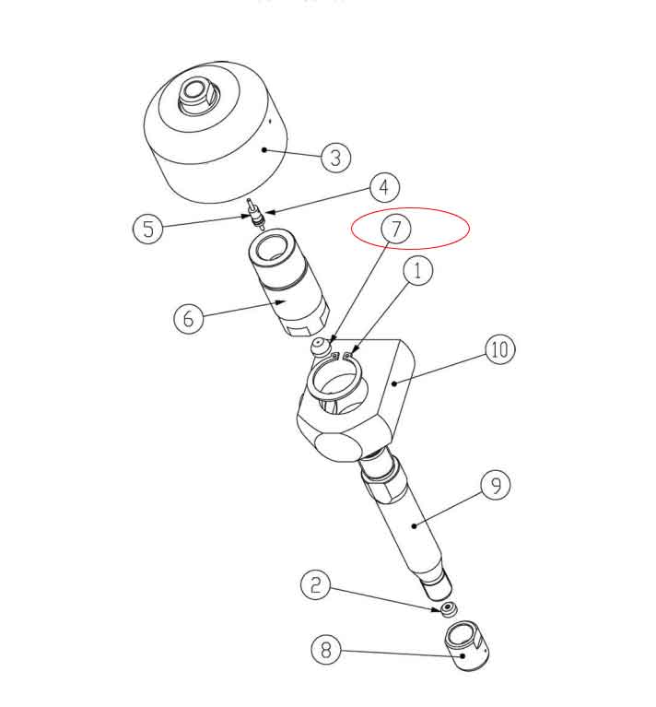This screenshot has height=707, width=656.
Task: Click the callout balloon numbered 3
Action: (335, 158)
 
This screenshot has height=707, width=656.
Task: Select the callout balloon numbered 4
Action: (384, 187)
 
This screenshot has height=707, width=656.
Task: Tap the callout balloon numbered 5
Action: (149, 227)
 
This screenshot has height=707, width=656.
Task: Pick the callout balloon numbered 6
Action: (189, 318)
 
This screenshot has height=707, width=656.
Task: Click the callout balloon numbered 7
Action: (396, 229)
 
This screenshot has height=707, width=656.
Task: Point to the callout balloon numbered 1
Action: (418, 271)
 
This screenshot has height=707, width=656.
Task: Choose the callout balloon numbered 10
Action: (499, 349)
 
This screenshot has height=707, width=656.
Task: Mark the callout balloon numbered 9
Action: (496, 485)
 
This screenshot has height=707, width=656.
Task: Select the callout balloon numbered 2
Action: (315, 584)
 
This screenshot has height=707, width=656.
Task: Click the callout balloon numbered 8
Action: (325, 651)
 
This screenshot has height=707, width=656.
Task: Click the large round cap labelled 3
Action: (214, 147)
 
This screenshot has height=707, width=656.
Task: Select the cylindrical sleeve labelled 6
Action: (288, 286)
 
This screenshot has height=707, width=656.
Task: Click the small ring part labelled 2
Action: (449, 609)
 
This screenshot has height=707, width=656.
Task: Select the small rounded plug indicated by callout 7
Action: (320, 348)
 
